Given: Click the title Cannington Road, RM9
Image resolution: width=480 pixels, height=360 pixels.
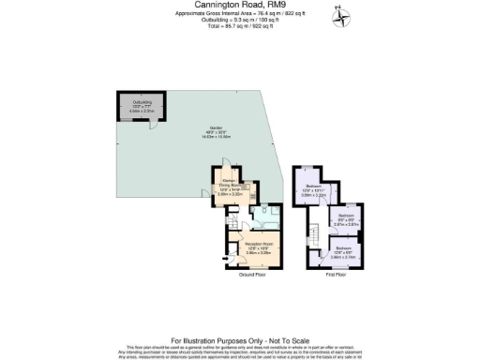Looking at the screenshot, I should (x=239, y=5).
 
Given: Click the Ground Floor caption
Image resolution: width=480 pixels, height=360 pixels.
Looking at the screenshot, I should (x=255, y=275).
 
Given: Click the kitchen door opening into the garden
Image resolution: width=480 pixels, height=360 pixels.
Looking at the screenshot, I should (x=207, y=193).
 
